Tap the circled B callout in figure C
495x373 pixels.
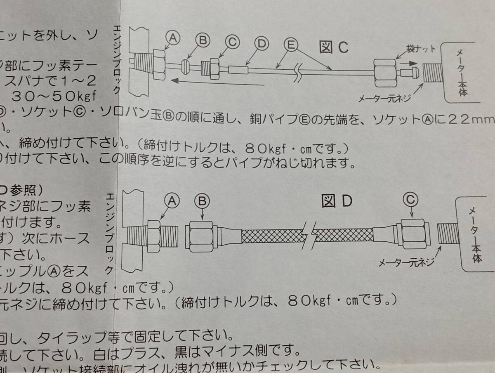click(x=203, y=41)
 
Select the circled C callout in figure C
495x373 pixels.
click(x=233, y=42)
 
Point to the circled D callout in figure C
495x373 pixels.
click(x=262, y=43)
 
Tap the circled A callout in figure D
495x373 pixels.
click(x=172, y=201)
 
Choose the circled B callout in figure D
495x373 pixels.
click(x=202, y=201)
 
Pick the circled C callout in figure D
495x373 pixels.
click(x=411, y=200)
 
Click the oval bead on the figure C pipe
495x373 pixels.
click(x=185, y=66)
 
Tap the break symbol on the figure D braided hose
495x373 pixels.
click(x=308, y=236)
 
